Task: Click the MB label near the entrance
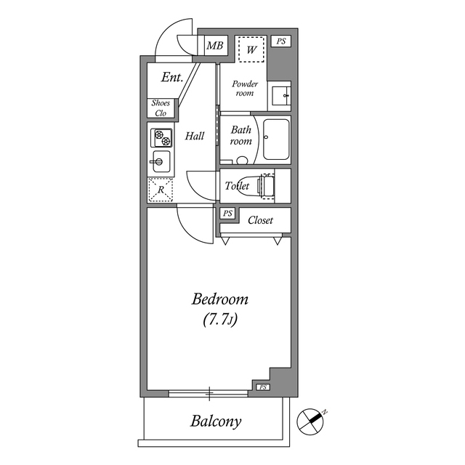tap(214, 47)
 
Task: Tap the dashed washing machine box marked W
tap(251, 49)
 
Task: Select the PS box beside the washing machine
tap(281, 42)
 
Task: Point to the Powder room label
tap(245, 89)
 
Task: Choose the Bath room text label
tap(241, 135)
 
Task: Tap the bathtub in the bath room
tap(276, 139)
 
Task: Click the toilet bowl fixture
tap(265, 186)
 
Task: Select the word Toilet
tap(237, 187)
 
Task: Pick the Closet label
tap(261, 220)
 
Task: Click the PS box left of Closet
tap(228, 214)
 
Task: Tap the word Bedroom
tap(220, 299)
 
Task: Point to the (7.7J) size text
tap(220, 320)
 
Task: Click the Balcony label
tap(216, 421)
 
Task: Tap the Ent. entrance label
tap(171, 77)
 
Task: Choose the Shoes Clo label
tap(161, 108)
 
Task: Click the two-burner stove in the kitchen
tap(161, 137)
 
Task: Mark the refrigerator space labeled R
tap(161, 190)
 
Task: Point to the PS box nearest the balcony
tap(262, 387)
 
